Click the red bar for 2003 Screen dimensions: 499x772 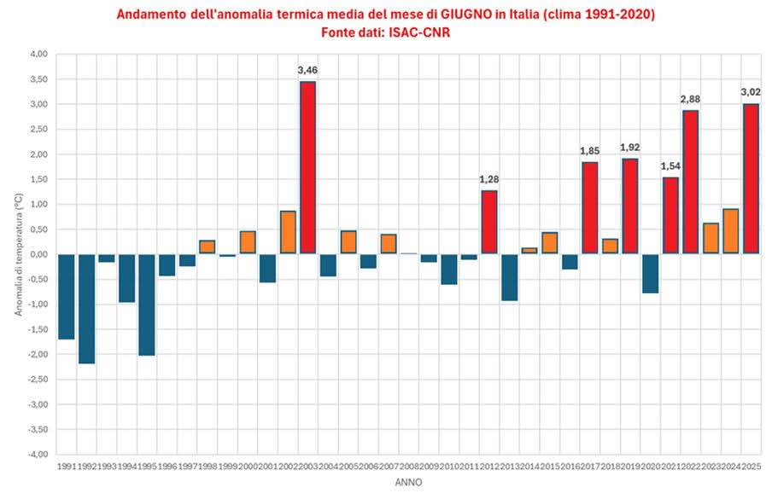click(307, 167)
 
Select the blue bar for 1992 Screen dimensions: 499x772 click(86, 308)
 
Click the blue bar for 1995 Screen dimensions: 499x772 click(147, 304)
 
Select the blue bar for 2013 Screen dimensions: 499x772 click(509, 276)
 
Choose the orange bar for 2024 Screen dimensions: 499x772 click(730, 231)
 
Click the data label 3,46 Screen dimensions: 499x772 click(307, 69)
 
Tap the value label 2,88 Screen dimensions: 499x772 click(689, 99)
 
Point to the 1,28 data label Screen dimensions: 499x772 click(488, 179)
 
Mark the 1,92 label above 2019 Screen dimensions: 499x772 click(629, 147)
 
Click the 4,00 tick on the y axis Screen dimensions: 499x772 click(38, 54)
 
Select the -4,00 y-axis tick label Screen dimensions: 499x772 click(38, 454)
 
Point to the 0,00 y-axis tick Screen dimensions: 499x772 click(38, 254)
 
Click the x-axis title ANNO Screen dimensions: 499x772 click(407, 482)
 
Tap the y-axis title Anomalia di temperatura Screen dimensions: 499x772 click(17, 253)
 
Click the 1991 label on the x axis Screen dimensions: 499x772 click(66, 467)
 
